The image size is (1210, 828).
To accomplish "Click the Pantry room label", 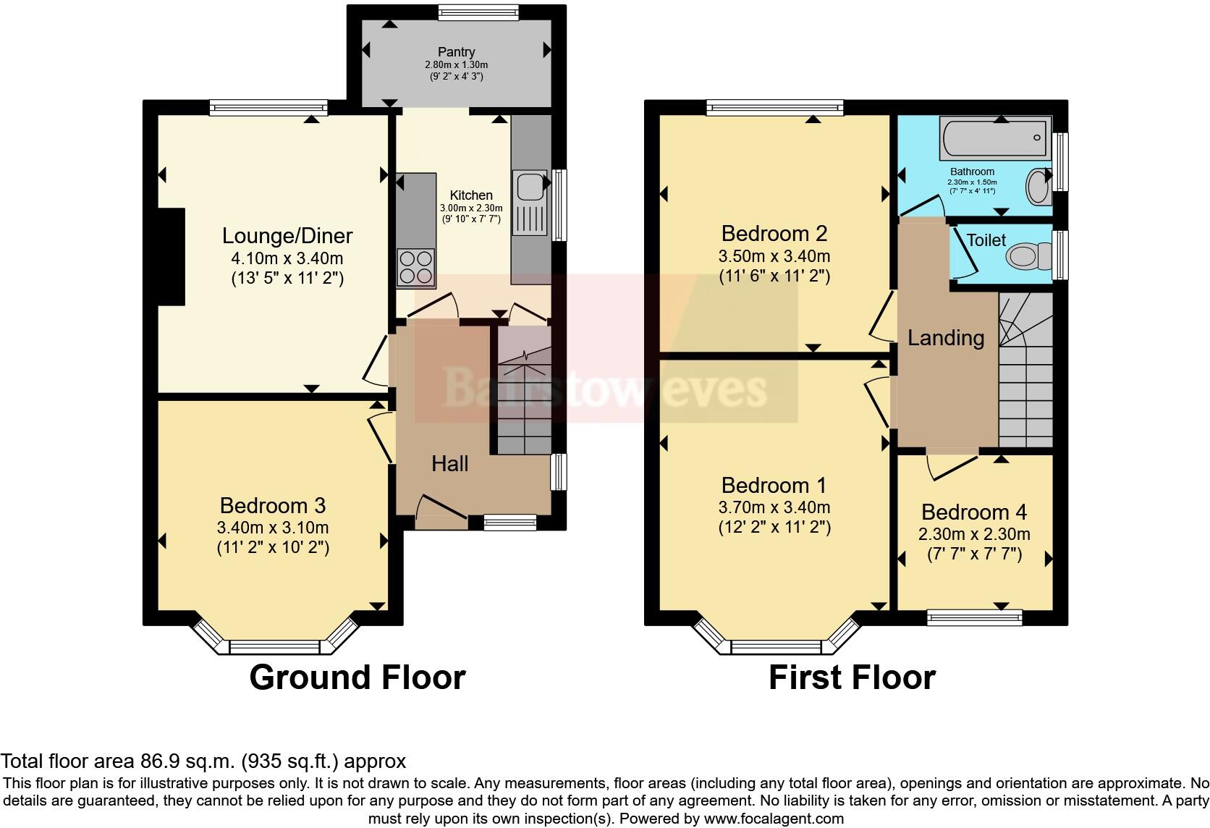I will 456,52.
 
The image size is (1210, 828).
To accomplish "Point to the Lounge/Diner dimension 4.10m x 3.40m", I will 287,258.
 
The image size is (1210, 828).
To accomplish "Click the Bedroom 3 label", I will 273,505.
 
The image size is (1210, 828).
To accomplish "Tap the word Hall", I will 450,464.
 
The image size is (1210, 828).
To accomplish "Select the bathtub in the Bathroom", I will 995,139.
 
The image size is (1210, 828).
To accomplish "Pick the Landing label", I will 946,338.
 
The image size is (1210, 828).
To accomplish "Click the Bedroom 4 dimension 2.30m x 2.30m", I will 974,535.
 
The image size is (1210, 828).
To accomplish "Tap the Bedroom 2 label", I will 774,234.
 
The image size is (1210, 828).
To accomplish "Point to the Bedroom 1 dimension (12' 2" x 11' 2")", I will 774,527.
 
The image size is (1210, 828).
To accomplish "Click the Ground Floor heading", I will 357,677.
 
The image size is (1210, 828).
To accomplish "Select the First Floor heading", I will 852,677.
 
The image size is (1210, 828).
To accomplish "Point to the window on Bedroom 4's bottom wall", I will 974,617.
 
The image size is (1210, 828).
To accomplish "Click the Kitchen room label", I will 471,195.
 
